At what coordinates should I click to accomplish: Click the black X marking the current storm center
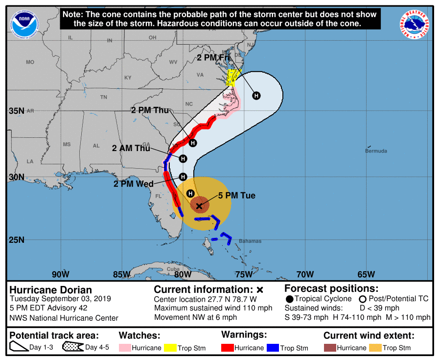(199, 206)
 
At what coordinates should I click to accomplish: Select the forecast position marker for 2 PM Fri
(256, 96)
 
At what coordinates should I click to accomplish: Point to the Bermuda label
(376, 151)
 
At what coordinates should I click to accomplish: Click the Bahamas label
(250, 241)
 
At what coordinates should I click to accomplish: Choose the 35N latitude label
(16, 111)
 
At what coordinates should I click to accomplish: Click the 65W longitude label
(366, 274)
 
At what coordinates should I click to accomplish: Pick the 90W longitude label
(60, 274)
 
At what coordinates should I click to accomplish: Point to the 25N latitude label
(16, 240)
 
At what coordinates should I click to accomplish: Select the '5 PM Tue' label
(237, 196)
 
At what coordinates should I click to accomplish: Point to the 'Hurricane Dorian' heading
(51, 290)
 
